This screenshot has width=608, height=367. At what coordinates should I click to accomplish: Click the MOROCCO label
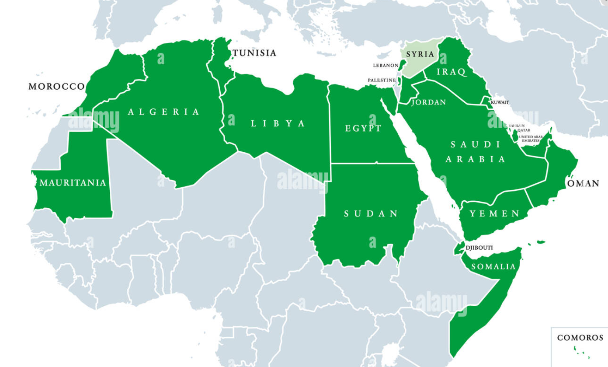(56, 86)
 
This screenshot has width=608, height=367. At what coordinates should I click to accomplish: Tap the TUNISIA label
(254, 53)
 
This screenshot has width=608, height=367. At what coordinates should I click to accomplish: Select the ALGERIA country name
(164, 112)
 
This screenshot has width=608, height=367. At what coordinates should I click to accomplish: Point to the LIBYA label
(278, 124)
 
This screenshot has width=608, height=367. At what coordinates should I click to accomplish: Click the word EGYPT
(363, 129)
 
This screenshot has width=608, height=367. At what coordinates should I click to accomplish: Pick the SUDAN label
(371, 214)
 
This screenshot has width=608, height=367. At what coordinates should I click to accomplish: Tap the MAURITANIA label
(73, 183)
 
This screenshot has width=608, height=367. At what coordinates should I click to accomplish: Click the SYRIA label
(420, 55)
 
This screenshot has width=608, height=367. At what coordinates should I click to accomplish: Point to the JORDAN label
(429, 103)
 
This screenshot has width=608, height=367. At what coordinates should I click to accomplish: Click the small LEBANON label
(386, 65)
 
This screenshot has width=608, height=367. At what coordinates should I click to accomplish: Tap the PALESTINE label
(382, 80)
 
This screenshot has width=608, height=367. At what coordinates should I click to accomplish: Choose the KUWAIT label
(500, 102)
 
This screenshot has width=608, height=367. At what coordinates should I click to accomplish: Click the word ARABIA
(476, 160)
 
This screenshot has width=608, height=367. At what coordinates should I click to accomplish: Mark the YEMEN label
(494, 214)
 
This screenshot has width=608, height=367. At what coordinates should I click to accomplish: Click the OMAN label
(583, 184)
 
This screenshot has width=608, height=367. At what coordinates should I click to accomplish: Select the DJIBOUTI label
(479, 248)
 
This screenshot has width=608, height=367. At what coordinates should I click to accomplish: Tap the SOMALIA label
(492, 266)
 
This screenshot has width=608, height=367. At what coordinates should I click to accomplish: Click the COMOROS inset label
(580, 338)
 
